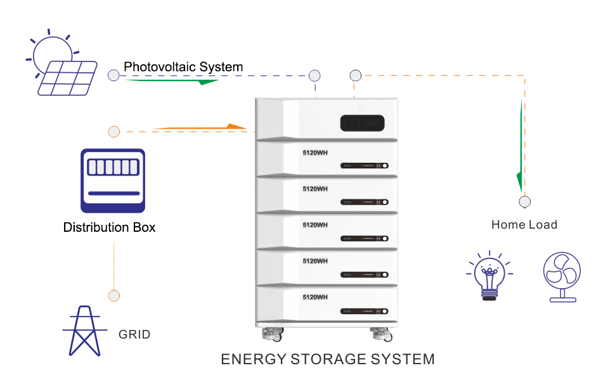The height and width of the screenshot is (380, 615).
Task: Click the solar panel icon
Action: coord(67,78)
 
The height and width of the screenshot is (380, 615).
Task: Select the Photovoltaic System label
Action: coord(183,66)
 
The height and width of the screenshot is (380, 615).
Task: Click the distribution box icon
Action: coord(113,180)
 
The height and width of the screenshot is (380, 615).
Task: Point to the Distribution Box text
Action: coord(109,227)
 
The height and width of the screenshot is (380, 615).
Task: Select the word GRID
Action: coord(134,334)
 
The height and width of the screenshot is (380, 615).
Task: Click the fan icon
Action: coord(562,276)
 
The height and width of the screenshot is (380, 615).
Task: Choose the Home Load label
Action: coord(524,224)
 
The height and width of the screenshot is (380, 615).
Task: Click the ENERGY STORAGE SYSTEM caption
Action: coord(328,359)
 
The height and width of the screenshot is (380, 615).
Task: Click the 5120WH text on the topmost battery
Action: coord(315,153)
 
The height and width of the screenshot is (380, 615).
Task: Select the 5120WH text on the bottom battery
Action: coord(315,296)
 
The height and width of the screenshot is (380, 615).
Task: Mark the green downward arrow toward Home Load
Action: coord(521,146)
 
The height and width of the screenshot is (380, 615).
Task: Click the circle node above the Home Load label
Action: coord(525,202)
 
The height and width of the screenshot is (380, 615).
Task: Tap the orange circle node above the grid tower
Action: coord(114,295)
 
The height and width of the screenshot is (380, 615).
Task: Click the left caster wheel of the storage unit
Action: coord(274,332)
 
